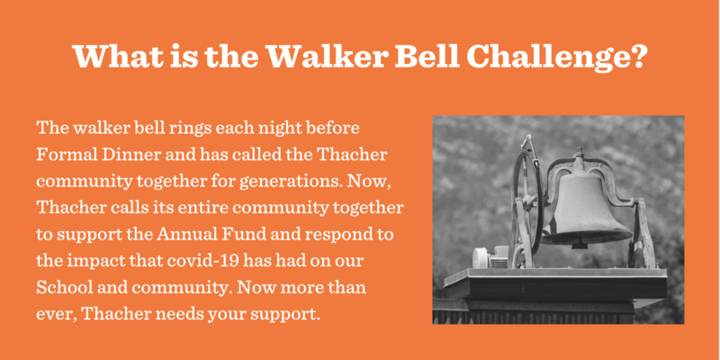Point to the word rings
click(187, 129)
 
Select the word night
click(268, 129)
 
